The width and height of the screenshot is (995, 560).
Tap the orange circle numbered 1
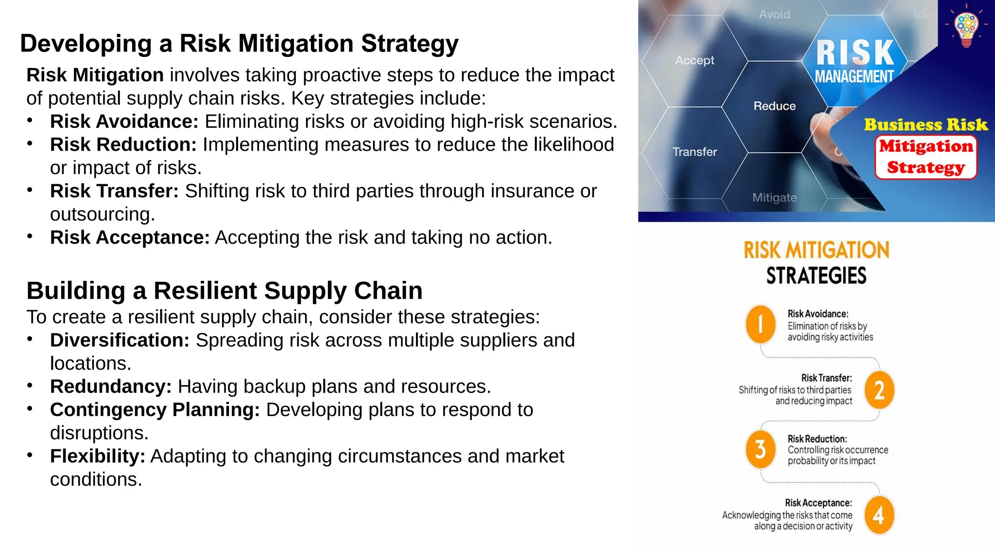click(760, 324)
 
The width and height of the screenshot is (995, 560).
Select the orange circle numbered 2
click(879, 390)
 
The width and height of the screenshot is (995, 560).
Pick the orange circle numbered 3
click(760, 449)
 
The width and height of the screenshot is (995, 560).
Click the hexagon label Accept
click(695, 60)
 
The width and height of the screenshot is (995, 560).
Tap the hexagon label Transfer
click(695, 152)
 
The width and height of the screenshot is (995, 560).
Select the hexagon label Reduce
click(774, 106)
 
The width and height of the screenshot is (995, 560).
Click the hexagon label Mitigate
click(774, 197)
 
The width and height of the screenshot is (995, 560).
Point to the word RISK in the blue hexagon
click(855, 52)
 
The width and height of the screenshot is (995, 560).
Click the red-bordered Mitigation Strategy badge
click(926, 157)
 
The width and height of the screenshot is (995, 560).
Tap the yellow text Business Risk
click(926, 124)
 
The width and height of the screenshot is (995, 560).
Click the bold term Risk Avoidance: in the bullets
click(124, 122)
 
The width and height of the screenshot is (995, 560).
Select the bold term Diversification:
click(120, 340)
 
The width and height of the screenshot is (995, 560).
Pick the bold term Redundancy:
click(111, 386)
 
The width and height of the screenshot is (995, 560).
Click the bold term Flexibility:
click(98, 456)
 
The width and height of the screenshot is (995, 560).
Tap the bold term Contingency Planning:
click(155, 410)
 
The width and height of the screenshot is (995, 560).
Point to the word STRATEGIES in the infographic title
click(816, 276)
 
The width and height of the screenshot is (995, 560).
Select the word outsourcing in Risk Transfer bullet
click(102, 214)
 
